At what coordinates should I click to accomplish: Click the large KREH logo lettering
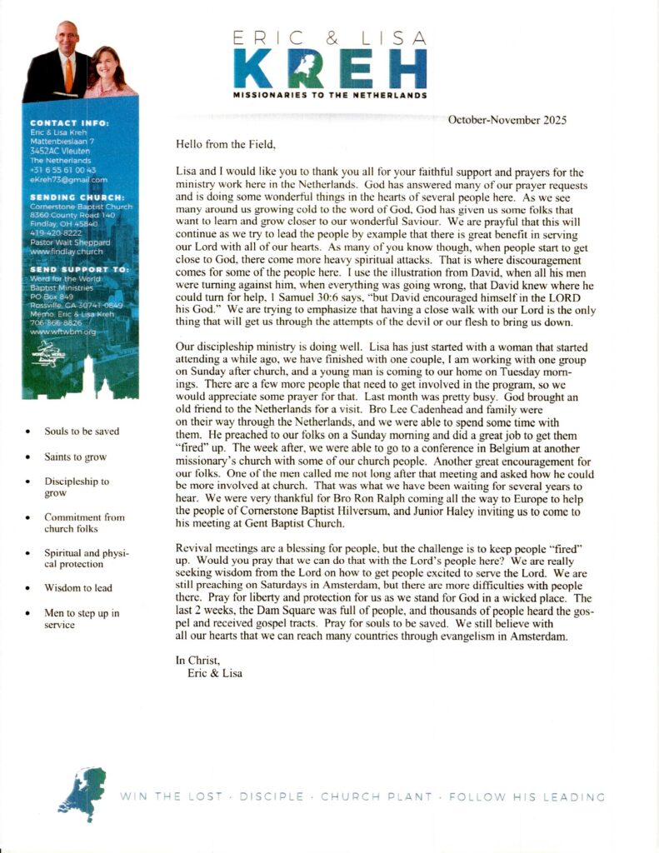point(329,67)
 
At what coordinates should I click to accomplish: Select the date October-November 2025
point(507,120)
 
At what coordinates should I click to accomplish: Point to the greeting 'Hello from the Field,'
point(225,143)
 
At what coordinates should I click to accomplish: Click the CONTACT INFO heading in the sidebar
point(69,123)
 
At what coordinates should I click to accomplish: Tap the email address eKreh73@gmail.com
point(68,179)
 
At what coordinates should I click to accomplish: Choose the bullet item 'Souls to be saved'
point(82,431)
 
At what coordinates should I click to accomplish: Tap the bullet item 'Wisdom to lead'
point(78,588)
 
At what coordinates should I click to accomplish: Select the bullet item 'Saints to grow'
point(76,457)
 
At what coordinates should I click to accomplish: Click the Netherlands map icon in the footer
point(82,793)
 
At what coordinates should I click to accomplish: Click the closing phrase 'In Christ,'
point(195,660)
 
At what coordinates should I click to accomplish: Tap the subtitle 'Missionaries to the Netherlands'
point(330,95)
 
